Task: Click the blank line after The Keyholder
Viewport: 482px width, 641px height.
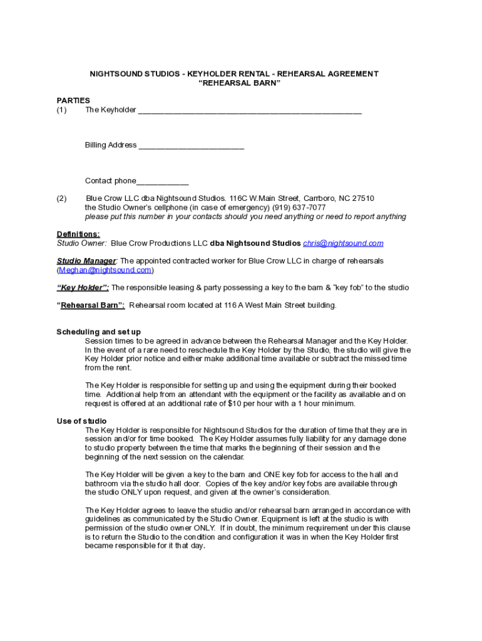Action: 249,111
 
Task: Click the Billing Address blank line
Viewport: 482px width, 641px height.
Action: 191,146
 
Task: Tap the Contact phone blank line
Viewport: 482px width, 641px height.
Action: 162,182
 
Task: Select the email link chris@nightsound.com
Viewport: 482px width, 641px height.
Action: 343,244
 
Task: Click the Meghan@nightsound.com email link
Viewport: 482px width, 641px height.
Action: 105,270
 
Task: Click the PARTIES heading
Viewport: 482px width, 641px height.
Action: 73,100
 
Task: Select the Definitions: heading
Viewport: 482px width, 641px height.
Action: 78,234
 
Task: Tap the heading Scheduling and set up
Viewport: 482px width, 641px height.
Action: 98,332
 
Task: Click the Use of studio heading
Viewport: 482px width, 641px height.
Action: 81,421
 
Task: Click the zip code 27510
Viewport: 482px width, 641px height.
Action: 362,198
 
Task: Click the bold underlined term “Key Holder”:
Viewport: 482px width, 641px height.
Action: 83,288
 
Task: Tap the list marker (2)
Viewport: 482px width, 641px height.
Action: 61,198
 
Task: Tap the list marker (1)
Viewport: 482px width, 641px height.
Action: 61,110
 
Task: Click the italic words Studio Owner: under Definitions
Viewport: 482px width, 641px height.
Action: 81,244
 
